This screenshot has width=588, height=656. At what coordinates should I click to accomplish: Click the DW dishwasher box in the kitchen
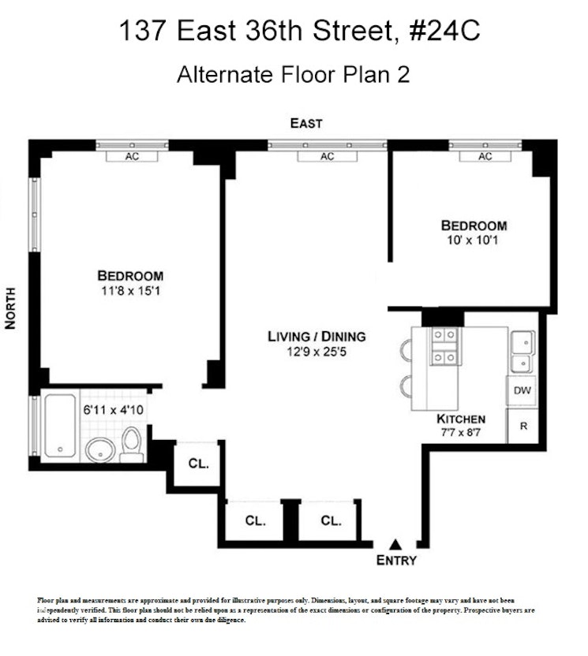(522, 390)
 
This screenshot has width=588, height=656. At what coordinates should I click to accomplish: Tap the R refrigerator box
(522, 426)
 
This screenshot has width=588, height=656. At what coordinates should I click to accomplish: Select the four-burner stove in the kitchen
(445, 346)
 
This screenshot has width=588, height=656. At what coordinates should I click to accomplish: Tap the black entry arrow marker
(395, 544)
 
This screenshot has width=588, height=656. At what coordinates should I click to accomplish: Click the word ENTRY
(395, 561)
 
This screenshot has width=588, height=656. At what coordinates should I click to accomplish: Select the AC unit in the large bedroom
(132, 156)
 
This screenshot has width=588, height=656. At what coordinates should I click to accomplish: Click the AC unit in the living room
(327, 156)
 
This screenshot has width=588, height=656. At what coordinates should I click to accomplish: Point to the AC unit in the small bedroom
(485, 156)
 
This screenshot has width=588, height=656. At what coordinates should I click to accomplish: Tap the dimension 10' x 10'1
(474, 240)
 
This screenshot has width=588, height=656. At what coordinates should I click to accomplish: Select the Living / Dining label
(316, 337)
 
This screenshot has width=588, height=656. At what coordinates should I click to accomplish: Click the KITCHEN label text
(461, 419)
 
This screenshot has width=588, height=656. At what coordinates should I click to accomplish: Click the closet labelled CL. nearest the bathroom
(198, 464)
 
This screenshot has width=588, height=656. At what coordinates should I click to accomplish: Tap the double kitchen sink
(521, 352)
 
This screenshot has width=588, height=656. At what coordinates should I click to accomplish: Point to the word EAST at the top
(306, 123)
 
